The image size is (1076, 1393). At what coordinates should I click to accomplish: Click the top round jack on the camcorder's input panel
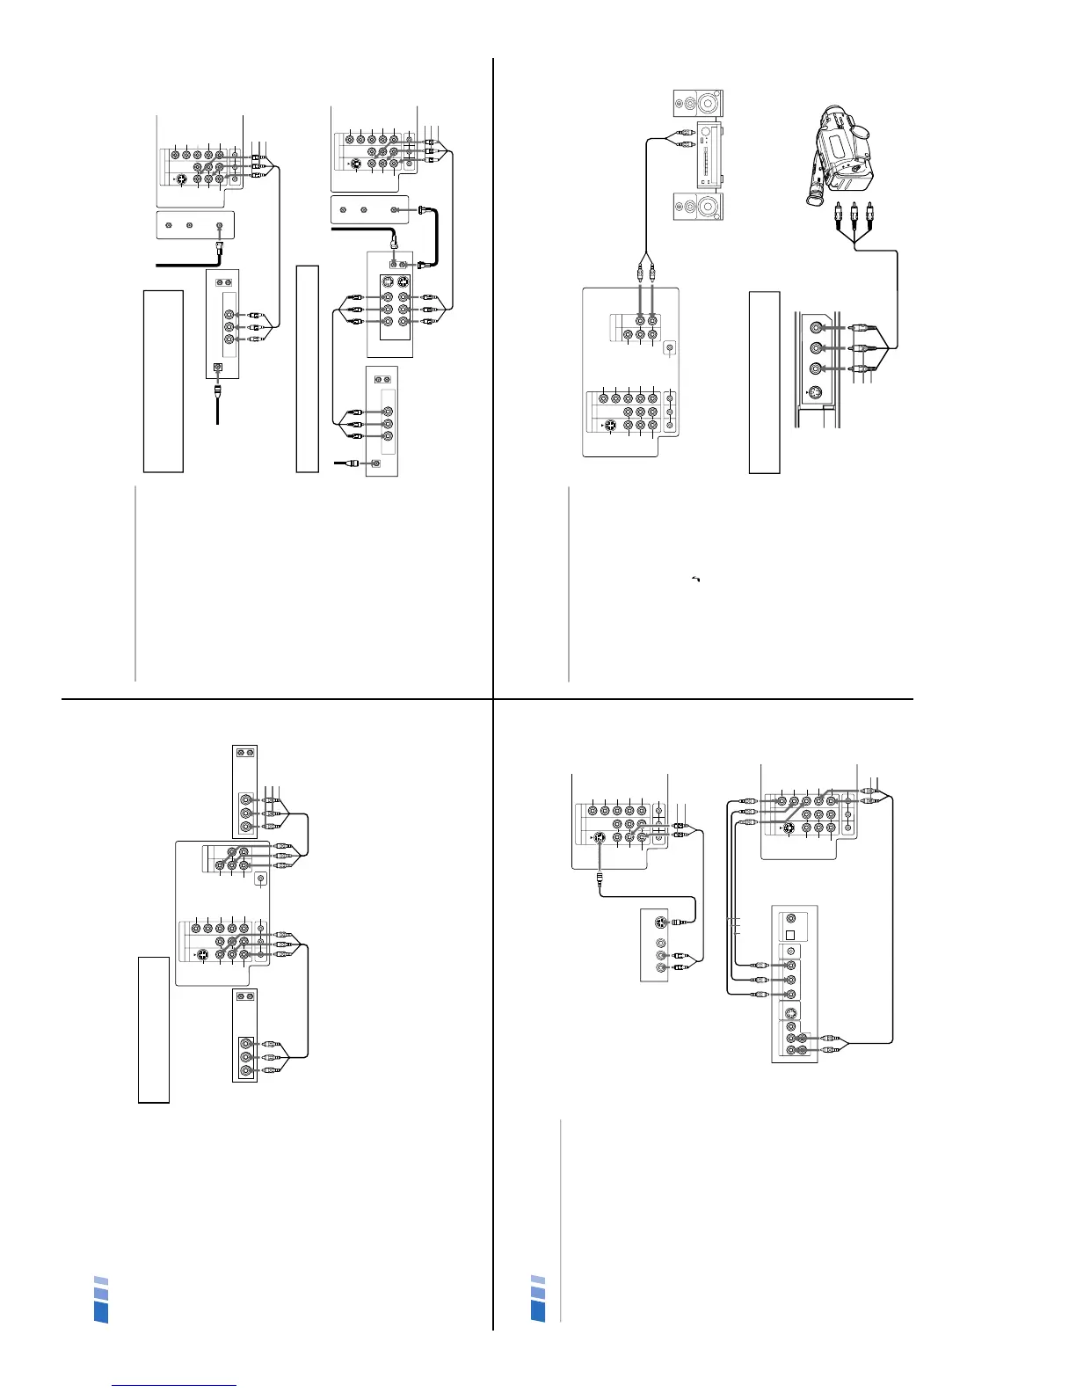(818, 327)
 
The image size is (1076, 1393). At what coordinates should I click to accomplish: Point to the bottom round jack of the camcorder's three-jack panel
(818, 368)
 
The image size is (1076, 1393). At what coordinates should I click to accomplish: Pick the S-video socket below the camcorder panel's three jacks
(816, 397)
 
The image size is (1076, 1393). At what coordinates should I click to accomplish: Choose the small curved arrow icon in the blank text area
(696, 578)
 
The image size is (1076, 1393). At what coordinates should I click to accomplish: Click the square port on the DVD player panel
(791, 935)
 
